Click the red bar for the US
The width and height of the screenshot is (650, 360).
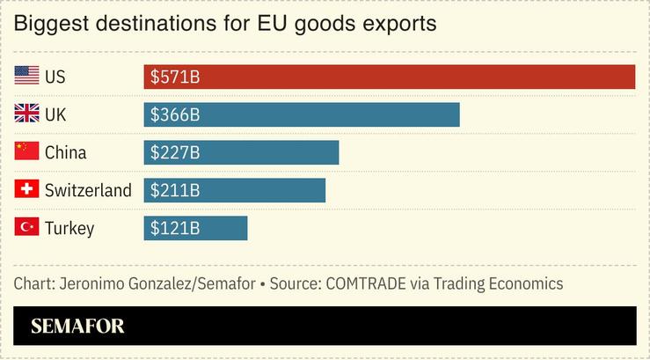click(x=389, y=77)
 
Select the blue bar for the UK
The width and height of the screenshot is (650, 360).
click(x=301, y=115)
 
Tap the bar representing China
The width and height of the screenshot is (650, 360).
click(x=241, y=153)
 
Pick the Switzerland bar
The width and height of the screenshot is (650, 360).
click(x=234, y=191)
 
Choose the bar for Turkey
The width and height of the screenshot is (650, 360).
click(x=195, y=229)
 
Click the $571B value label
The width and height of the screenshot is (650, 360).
click(x=175, y=77)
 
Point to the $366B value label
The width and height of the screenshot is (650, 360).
click(x=175, y=115)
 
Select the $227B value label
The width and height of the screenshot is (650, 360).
click(x=175, y=153)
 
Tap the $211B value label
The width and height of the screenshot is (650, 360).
click(x=175, y=191)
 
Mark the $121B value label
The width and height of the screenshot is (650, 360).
click(x=175, y=229)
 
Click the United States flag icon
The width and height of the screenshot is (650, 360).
click(x=26, y=77)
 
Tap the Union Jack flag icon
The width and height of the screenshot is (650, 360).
click(x=26, y=114)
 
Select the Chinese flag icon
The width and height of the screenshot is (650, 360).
click(x=26, y=151)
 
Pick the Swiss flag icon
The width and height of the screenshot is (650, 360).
click(x=26, y=189)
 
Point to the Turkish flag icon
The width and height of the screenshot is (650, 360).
click(x=26, y=227)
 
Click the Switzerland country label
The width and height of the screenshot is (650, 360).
click(x=88, y=190)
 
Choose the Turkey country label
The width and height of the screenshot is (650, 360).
click(x=69, y=229)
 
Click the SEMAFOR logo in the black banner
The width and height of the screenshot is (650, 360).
click(x=77, y=327)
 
